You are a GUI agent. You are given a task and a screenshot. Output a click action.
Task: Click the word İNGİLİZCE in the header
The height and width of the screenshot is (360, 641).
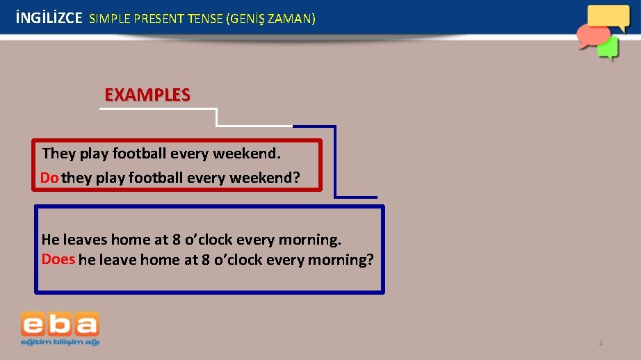[48, 19]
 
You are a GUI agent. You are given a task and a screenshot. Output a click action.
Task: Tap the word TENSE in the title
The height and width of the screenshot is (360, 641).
[204, 19]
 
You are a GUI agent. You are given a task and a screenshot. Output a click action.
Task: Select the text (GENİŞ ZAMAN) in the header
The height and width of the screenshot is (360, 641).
[271, 19]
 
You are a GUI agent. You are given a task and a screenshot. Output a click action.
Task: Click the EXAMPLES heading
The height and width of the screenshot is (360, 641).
[147, 95]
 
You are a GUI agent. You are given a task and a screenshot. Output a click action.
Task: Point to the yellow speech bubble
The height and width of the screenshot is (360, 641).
[608, 17]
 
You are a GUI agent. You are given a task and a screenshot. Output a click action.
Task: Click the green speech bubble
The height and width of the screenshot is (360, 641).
[608, 48]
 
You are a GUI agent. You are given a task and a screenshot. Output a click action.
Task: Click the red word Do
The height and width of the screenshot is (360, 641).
[49, 178]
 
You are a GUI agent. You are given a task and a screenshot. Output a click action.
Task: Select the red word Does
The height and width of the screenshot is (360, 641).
[58, 259]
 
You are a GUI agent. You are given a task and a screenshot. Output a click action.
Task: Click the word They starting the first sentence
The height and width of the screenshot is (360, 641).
[59, 153]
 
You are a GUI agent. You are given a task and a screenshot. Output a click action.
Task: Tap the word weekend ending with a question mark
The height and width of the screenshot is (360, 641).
[265, 178]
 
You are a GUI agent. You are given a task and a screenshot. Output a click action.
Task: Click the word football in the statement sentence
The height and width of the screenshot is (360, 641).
[139, 153]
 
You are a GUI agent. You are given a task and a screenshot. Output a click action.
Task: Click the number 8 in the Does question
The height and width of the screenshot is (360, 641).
[205, 260]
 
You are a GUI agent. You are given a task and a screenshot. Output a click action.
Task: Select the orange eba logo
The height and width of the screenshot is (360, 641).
[60, 325]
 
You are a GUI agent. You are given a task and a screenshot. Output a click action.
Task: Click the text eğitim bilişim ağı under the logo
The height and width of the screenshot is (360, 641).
[60, 341]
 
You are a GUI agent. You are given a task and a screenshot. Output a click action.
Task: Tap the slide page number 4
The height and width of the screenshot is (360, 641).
[601, 343]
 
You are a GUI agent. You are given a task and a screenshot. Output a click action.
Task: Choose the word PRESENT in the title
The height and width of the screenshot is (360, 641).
[155, 19]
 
